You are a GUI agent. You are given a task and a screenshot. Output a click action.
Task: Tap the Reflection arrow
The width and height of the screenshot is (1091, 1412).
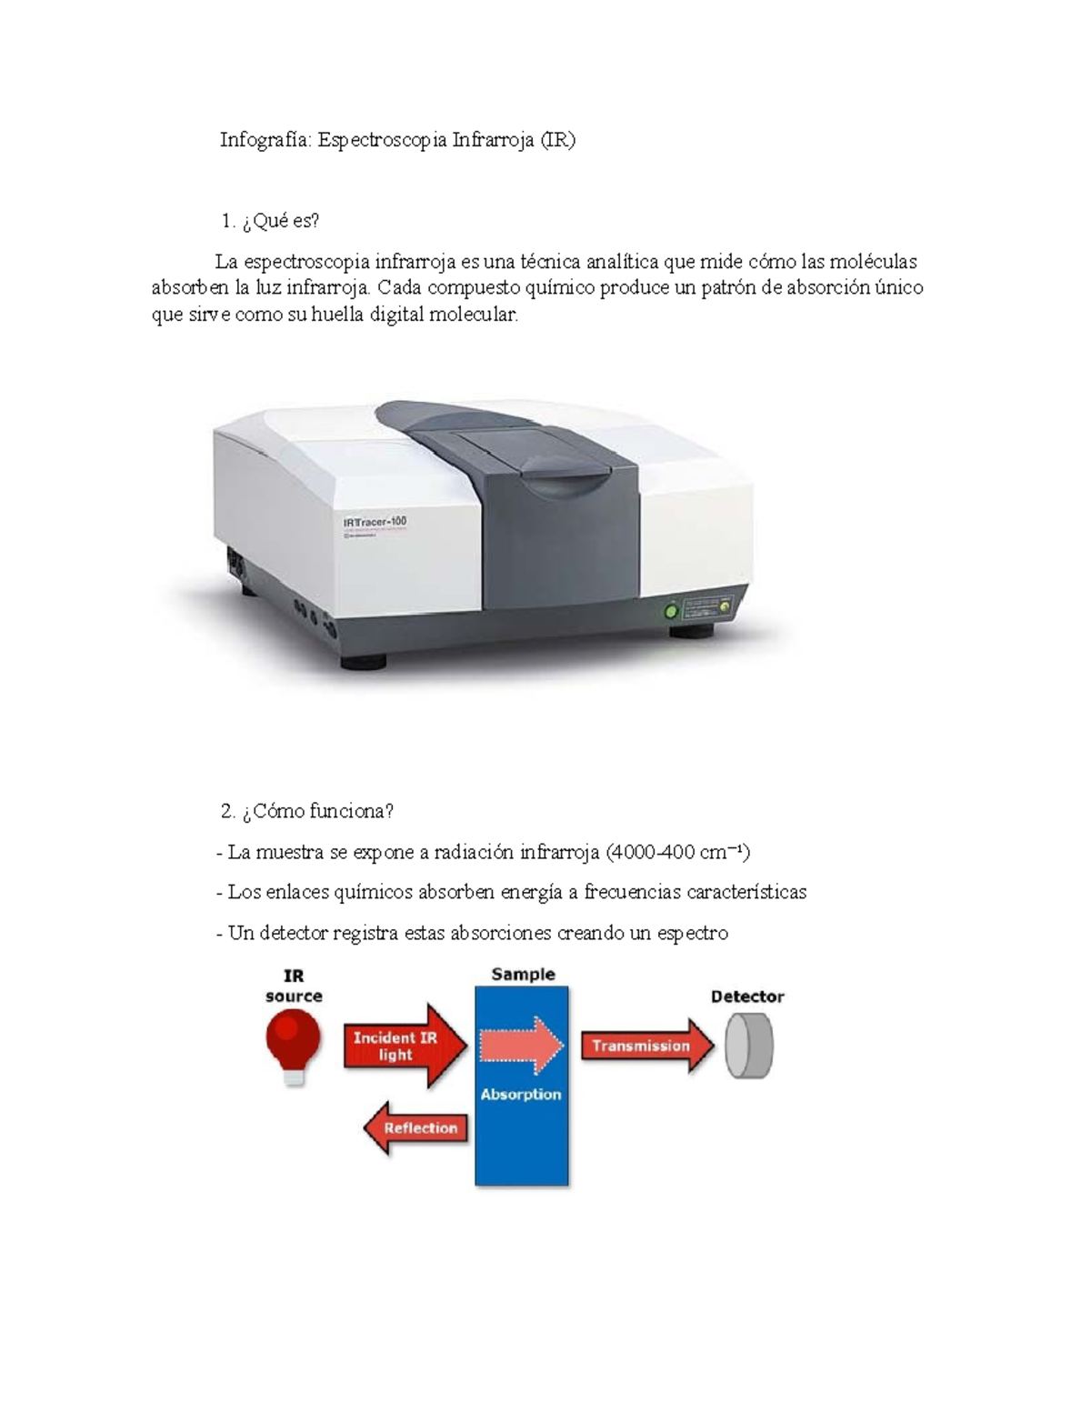point(415,1128)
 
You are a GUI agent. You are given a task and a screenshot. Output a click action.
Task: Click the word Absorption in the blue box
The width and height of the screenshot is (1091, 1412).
point(521,1095)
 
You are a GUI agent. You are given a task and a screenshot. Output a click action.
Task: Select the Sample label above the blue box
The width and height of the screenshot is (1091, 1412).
point(523,975)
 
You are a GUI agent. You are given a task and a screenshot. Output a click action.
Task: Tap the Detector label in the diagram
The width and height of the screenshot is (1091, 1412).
point(747,996)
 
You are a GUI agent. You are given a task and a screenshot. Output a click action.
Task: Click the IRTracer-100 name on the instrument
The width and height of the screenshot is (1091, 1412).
point(375,522)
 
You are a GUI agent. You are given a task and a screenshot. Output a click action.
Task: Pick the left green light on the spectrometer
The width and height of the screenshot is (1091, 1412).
point(672,611)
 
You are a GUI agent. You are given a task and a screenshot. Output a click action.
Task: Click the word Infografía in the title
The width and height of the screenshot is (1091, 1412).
point(265,140)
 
